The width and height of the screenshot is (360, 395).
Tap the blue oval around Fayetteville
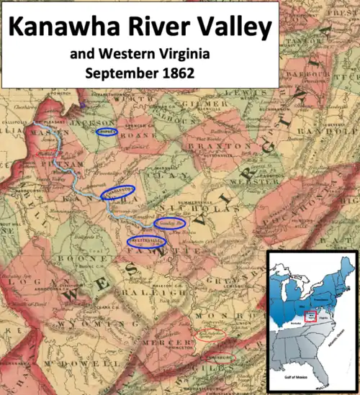147,241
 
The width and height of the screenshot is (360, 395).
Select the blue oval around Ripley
107,132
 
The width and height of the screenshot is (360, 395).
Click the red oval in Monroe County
211,335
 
